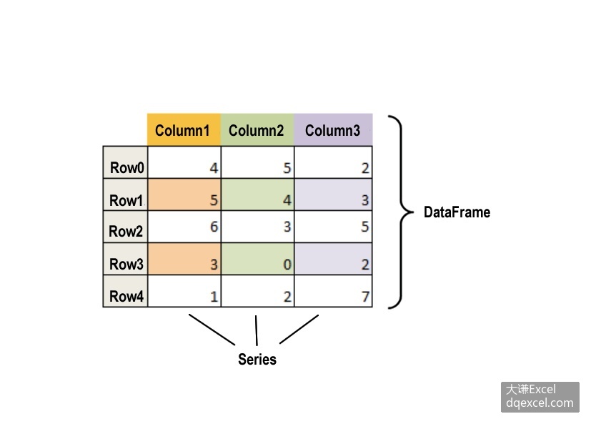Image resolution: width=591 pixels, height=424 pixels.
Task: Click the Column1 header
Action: click(182, 131)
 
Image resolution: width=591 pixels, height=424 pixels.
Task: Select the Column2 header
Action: click(256, 131)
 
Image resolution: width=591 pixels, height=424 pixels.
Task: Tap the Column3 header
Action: click(332, 131)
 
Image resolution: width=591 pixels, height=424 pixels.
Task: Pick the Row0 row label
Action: click(127, 167)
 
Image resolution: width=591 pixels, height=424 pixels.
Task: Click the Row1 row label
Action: click(126, 200)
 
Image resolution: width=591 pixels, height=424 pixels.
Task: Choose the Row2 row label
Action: click(126, 231)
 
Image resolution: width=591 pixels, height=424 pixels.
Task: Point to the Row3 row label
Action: click(126, 264)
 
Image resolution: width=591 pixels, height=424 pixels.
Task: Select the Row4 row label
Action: click(126, 296)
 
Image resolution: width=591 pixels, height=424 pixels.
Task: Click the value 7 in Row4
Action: click(365, 297)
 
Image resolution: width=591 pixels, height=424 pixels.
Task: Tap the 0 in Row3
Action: click(287, 265)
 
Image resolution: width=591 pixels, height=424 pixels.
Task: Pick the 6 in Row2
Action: click(214, 227)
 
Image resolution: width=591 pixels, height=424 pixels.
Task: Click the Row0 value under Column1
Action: click(214, 168)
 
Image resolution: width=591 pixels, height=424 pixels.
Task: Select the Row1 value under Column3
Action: click(365, 200)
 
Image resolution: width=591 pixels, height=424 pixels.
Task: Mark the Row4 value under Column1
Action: click(214, 297)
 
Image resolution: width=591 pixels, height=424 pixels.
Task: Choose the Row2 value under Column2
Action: click(287, 227)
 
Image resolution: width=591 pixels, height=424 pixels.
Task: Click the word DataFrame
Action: click(457, 212)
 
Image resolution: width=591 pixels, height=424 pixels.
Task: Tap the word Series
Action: click(257, 359)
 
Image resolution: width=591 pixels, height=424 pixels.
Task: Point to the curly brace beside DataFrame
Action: click(402, 212)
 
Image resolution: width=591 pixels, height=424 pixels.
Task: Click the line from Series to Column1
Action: click(212, 330)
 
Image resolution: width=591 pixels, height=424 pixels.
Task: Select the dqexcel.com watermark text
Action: click(540, 403)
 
